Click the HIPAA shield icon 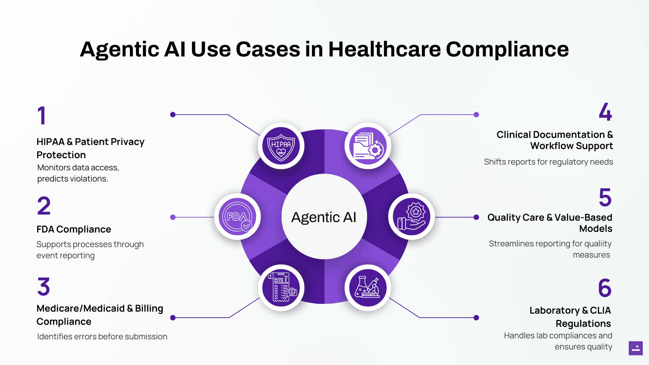point(281,146)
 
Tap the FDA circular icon point(237,217)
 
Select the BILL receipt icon point(281,288)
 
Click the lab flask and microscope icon point(368,288)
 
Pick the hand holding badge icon point(411,217)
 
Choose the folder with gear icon point(368,146)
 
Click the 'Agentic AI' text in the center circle point(324,217)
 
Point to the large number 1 point(42,116)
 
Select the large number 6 point(605,288)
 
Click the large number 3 point(44,287)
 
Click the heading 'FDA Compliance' point(74,229)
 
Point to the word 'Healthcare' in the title point(384,49)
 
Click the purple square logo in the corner point(635,348)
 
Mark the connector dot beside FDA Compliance point(173,217)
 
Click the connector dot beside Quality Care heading point(476,217)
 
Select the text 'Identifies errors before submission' point(102,337)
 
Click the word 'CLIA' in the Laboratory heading point(600,310)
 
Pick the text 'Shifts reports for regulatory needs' point(548,162)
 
